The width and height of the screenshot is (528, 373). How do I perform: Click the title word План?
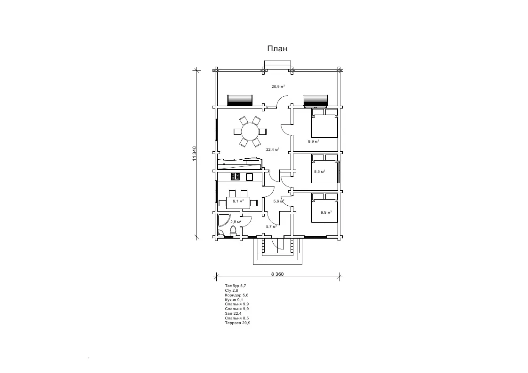(x=277, y=49)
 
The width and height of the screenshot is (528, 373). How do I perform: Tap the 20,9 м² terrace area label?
(x=278, y=86)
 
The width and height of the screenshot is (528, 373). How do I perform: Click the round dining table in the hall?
(x=250, y=132)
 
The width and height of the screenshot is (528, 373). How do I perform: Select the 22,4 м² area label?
(x=272, y=150)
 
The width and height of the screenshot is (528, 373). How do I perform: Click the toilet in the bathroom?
(x=233, y=230)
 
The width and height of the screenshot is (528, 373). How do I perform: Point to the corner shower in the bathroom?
(x=222, y=225)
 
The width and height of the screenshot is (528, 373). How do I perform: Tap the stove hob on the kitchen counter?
(x=235, y=177)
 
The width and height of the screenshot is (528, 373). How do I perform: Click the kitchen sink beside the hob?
(x=250, y=177)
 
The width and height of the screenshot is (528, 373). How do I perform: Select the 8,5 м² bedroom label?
(x=319, y=171)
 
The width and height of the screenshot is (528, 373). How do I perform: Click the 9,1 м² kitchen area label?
(x=238, y=202)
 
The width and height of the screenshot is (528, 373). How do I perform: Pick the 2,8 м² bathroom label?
(x=236, y=222)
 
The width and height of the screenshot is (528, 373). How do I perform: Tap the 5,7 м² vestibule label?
(x=271, y=227)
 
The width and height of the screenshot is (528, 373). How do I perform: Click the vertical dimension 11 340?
(x=194, y=153)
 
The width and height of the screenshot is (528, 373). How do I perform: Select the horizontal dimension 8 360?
(x=277, y=274)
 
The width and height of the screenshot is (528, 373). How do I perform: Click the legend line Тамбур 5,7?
(x=236, y=286)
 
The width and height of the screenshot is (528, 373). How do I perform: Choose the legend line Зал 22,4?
(x=233, y=313)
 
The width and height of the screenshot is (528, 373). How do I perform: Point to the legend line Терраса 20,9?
(x=237, y=323)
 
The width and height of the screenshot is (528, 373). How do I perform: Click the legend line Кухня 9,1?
(x=234, y=300)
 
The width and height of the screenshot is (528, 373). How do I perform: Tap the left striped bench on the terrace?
(x=240, y=100)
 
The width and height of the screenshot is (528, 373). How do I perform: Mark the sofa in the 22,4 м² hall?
(x=240, y=164)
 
